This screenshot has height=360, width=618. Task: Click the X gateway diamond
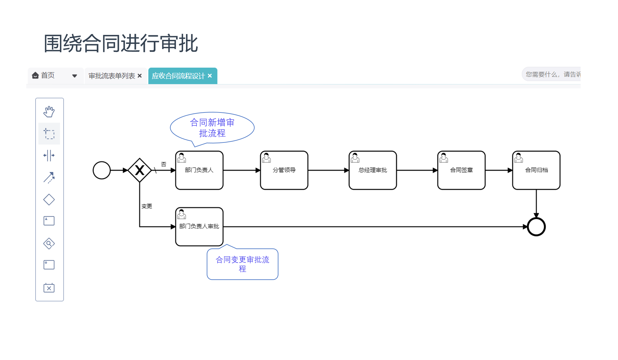[140, 170]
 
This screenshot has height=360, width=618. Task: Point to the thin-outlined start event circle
[102, 170]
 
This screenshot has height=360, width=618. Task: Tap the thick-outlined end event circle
[536, 227]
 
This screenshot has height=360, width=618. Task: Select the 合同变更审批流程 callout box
[243, 264]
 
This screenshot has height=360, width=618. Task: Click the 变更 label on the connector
[147, 206]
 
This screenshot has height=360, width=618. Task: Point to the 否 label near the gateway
[163, 164]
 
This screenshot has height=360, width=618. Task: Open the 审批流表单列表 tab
[112, 76]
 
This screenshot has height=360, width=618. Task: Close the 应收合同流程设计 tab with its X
[210, 76]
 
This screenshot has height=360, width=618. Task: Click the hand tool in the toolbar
[49, 112]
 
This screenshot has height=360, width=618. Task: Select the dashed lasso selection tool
[49, 134]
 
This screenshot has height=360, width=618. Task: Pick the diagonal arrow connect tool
[49, 178]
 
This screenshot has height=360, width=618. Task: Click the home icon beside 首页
[35, 75]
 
